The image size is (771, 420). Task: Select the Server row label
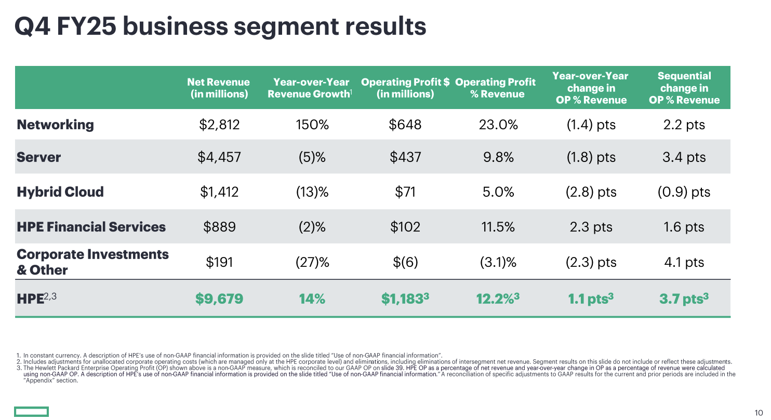coord(38,157)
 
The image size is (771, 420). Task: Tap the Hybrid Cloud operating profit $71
coord(405,192)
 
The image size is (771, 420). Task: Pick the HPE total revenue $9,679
coord(219,299)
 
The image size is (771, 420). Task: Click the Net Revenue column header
coord(218,88)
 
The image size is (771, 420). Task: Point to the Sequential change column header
coord(684,88)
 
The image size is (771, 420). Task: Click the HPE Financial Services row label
coord(91,227)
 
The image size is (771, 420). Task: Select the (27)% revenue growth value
coord(312,262)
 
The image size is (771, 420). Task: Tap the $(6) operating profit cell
coord(405,262)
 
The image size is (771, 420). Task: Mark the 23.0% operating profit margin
coord(498,125)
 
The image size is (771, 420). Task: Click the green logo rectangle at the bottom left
coord(31,412)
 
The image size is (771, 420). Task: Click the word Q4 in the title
coord(32,26)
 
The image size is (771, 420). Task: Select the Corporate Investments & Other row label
coord(92,262)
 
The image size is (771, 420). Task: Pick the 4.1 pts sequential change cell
coord(684,262)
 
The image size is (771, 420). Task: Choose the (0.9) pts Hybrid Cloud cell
coord(684,192)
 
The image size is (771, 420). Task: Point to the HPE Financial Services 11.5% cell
coord(498,227)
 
